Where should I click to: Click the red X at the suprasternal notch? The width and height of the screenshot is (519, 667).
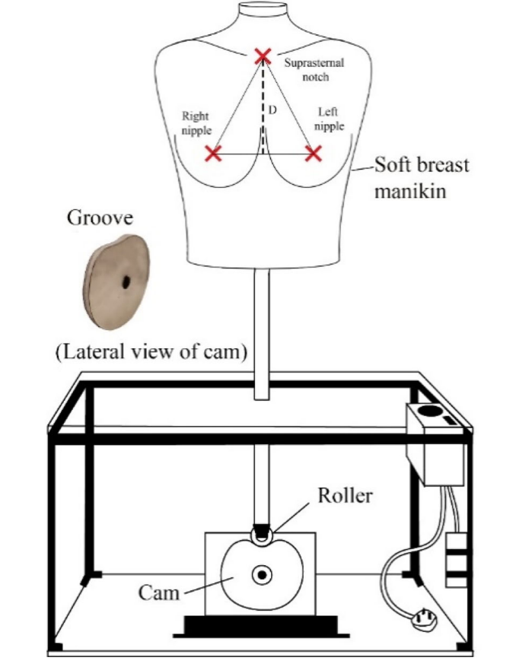click(x=263, y=56)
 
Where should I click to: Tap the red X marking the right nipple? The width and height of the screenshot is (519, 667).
click(x=214, y=154)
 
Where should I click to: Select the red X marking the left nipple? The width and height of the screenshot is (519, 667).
click(x=313, y=154)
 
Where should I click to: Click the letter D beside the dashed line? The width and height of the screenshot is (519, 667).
click(x=272, y=111)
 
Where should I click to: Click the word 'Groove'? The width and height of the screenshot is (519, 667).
click(x=100, y=218)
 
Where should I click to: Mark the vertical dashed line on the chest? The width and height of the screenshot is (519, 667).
click(x=263, y=106)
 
